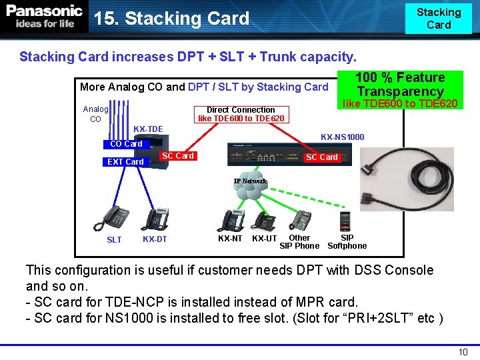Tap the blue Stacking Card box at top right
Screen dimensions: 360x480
pos(438,18)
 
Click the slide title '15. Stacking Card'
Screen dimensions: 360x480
pos(172,19)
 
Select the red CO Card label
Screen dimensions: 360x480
pos(126,144)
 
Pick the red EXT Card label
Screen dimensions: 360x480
pos(125,162)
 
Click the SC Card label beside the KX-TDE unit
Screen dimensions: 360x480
pos(178,156)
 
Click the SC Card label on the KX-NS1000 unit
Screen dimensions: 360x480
pos(321,157)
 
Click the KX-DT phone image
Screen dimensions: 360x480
pos(157,219)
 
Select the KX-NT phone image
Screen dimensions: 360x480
pos(233,221)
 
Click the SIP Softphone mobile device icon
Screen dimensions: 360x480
pos(345,221)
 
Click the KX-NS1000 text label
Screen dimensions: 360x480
pos(342,137)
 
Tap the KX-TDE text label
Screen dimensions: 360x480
pos(148,129)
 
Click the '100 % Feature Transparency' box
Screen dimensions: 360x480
pos(400,85)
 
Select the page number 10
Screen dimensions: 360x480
pos(463,352)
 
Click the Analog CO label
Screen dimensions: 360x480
pos(95,114)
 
